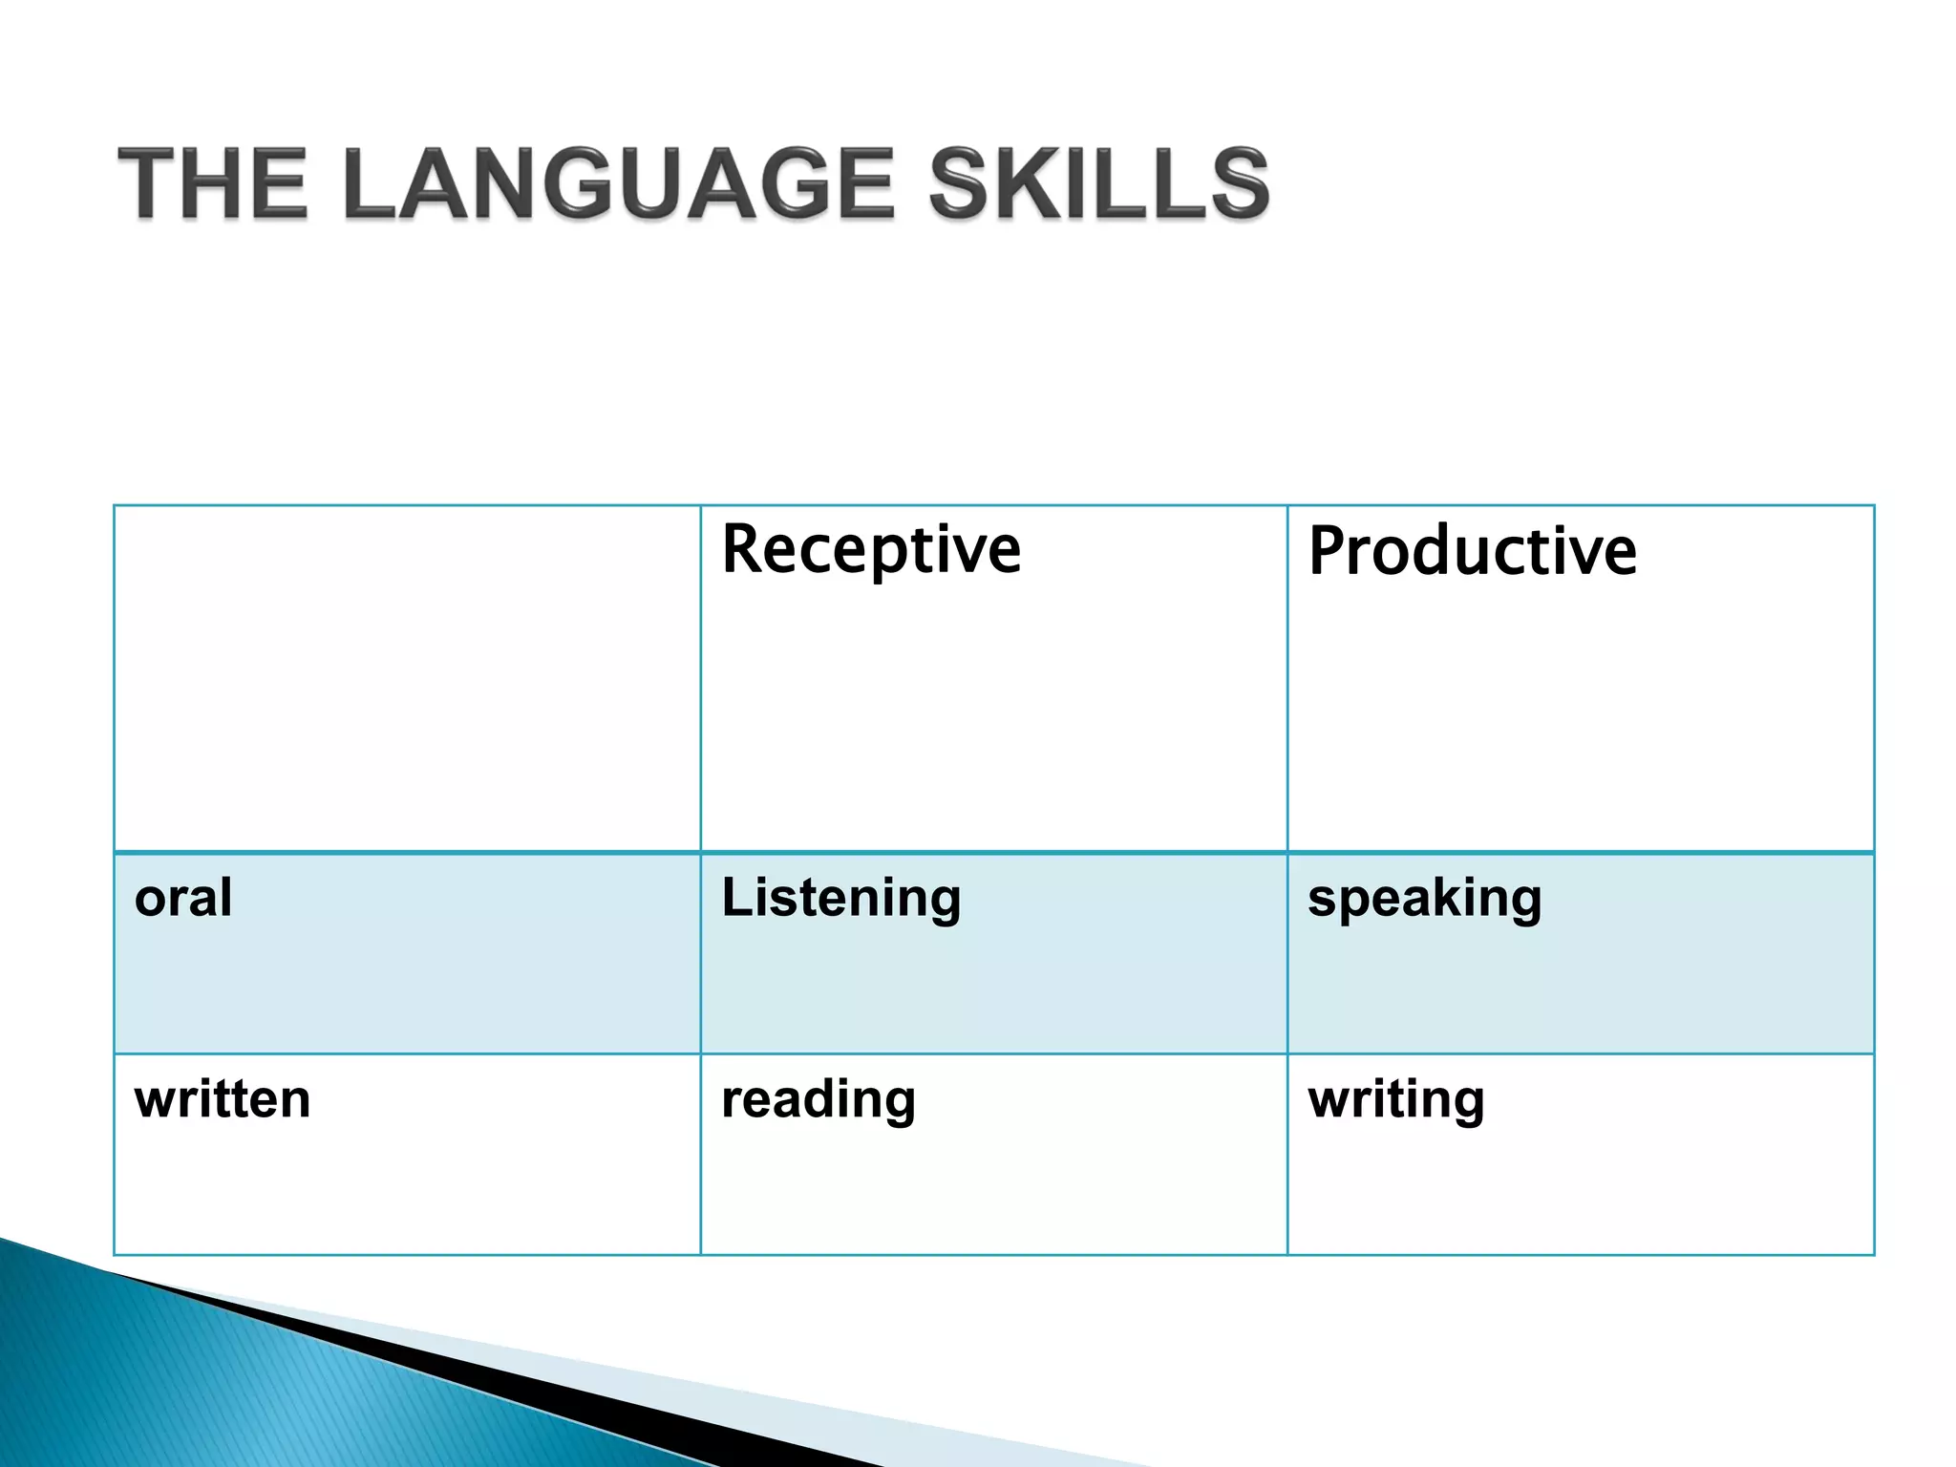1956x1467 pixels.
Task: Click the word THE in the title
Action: (212, 183)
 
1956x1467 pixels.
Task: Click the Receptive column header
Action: (871, 550)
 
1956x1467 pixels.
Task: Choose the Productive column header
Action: (1472, 552)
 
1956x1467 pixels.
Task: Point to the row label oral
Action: (183, 898)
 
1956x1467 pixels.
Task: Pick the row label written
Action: (223, 1099)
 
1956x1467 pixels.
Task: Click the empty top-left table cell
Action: (407, 678)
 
